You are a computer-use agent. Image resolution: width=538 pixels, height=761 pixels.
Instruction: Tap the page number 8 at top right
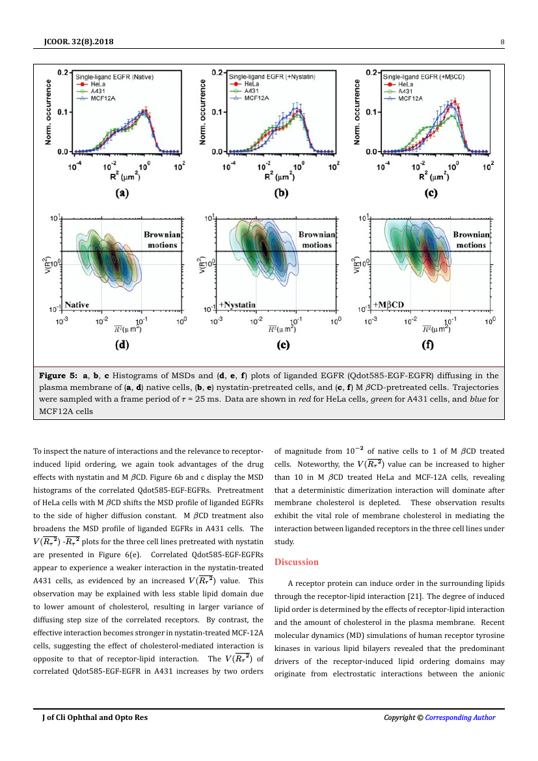coord(502,43)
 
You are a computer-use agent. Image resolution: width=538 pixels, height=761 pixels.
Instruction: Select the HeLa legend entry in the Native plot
coord(99,84)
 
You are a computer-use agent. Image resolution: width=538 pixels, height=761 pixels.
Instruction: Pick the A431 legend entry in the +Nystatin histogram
coord(252,91)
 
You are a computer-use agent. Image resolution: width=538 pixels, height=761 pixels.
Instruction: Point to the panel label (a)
coord(122,193)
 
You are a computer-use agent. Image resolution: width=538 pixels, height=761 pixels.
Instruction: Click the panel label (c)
coord(431,193)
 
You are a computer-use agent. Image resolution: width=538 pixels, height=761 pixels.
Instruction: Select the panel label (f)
coord(427,345)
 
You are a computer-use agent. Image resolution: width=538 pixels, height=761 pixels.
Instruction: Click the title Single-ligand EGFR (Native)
coord(114,77)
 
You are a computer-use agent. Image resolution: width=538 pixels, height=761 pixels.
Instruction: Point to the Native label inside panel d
coord(77,304)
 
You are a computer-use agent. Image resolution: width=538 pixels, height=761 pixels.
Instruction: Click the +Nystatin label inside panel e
coord(237,304)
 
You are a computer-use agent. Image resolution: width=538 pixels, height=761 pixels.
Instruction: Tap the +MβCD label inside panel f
coord(389,304)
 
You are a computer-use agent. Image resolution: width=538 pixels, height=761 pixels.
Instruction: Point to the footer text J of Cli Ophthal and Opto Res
coord(95,717)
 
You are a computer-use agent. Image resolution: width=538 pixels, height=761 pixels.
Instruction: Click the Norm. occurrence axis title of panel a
coord(47,112)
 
